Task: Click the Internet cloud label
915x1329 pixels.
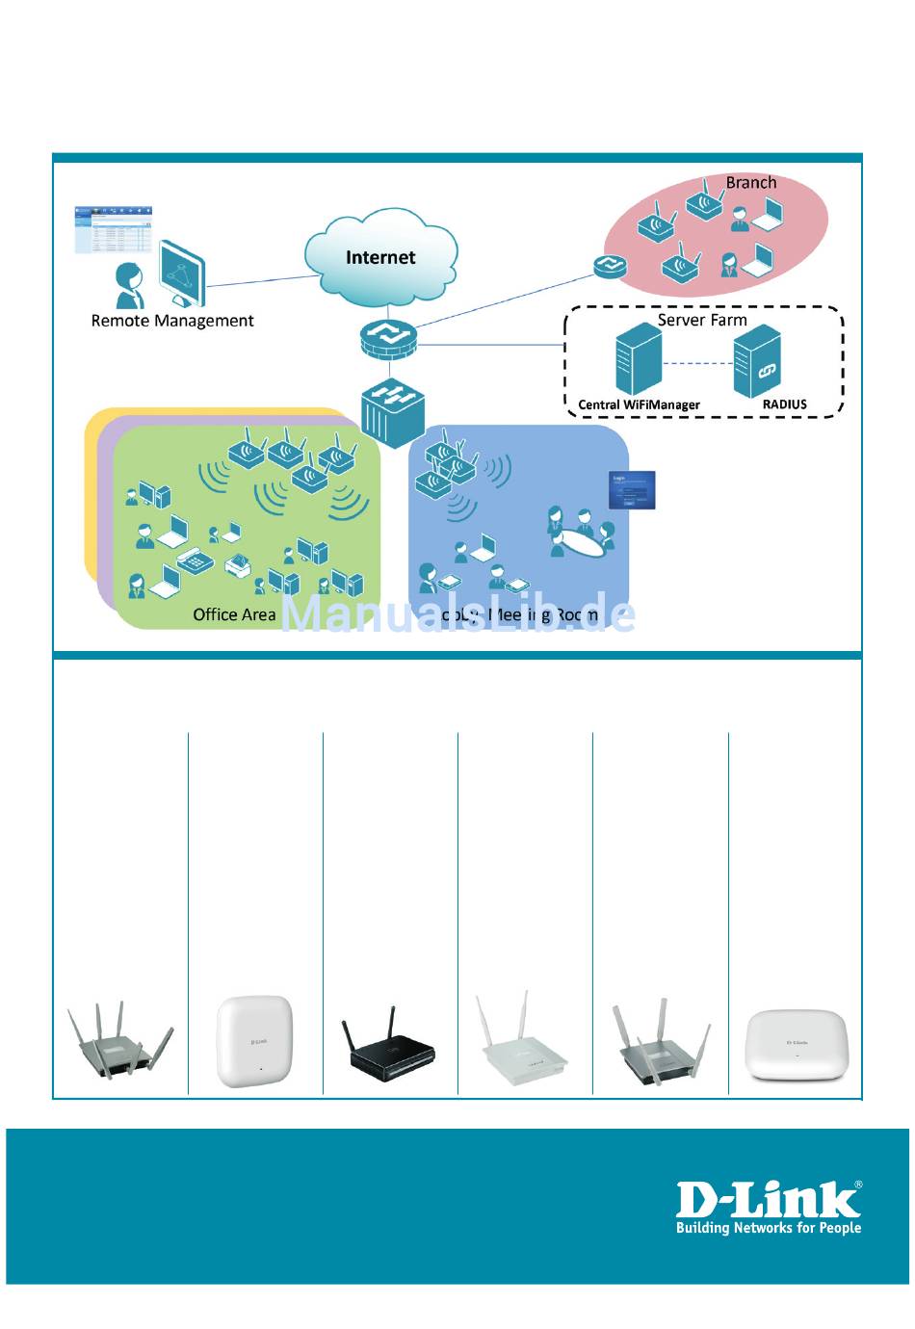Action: tap(380, 257)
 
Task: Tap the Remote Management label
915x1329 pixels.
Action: tap(172, 321)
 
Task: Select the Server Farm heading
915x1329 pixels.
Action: tap(702, 320)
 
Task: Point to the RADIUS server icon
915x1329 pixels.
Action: tap(757, 361)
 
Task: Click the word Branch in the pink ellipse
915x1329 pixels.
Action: tap(750, 182)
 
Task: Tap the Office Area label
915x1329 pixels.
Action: tap(234, 614)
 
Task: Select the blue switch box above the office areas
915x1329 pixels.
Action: tap(392, 410)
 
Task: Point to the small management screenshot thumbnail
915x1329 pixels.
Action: tap(115, 229)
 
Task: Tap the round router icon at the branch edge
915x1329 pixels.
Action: tap(609, 266)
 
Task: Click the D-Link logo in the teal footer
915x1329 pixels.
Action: tap(768, 1199)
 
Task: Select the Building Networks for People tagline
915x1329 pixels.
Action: tap(768, 1228)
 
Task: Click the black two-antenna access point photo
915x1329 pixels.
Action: tap(389, 1050)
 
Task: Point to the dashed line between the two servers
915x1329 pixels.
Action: tap(697, 363)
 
